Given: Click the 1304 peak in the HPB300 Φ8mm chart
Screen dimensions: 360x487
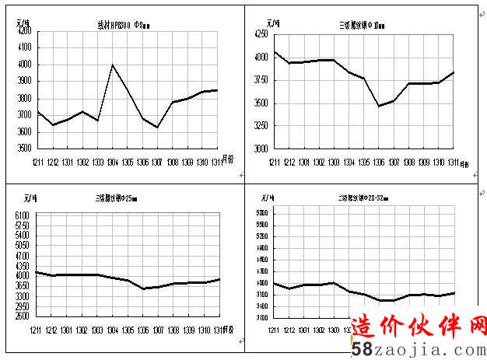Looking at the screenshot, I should point(113,65).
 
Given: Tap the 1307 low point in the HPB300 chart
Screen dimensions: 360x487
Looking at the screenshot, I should point(157,128).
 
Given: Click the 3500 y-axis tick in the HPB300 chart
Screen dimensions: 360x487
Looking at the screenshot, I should point(24,148).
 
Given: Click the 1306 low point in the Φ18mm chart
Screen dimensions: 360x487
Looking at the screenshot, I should point(379,106).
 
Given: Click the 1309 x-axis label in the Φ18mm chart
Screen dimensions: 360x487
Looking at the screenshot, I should point(424,162).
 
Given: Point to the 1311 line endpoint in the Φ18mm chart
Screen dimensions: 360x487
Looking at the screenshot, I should point(454,72).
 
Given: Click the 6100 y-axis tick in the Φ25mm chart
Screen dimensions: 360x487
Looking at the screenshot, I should point(23,215).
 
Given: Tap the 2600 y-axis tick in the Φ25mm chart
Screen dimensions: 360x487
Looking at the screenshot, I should point(23,316).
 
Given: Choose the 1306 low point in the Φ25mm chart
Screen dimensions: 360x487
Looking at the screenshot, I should point(143,288).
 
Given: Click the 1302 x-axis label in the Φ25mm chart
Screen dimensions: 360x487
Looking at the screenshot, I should point(82,330).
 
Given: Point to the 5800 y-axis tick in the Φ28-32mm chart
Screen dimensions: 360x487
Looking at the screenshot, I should point(262,212).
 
